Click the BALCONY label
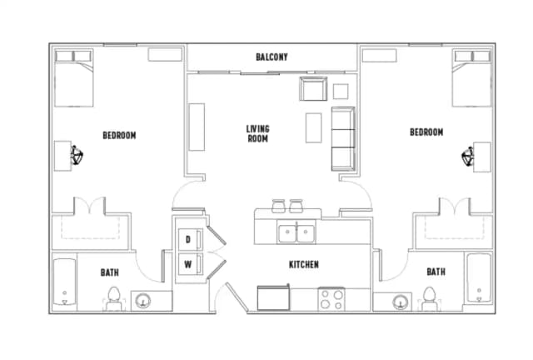coord(271,57)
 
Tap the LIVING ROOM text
coord(257,134)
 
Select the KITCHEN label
coord(303,265)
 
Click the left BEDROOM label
coord(119,135)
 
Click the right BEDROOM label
coord(426,132)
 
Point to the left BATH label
coord(109,272)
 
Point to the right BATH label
coord(436,272)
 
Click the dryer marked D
coord(188,240)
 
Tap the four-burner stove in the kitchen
coord(331,298)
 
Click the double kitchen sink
coord(296,232)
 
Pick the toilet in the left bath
coord(114,297)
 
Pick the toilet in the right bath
coord(430,297)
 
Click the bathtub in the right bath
coord(479,281)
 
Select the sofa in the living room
coord(342,137)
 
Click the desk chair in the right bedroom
coord(468,155)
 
